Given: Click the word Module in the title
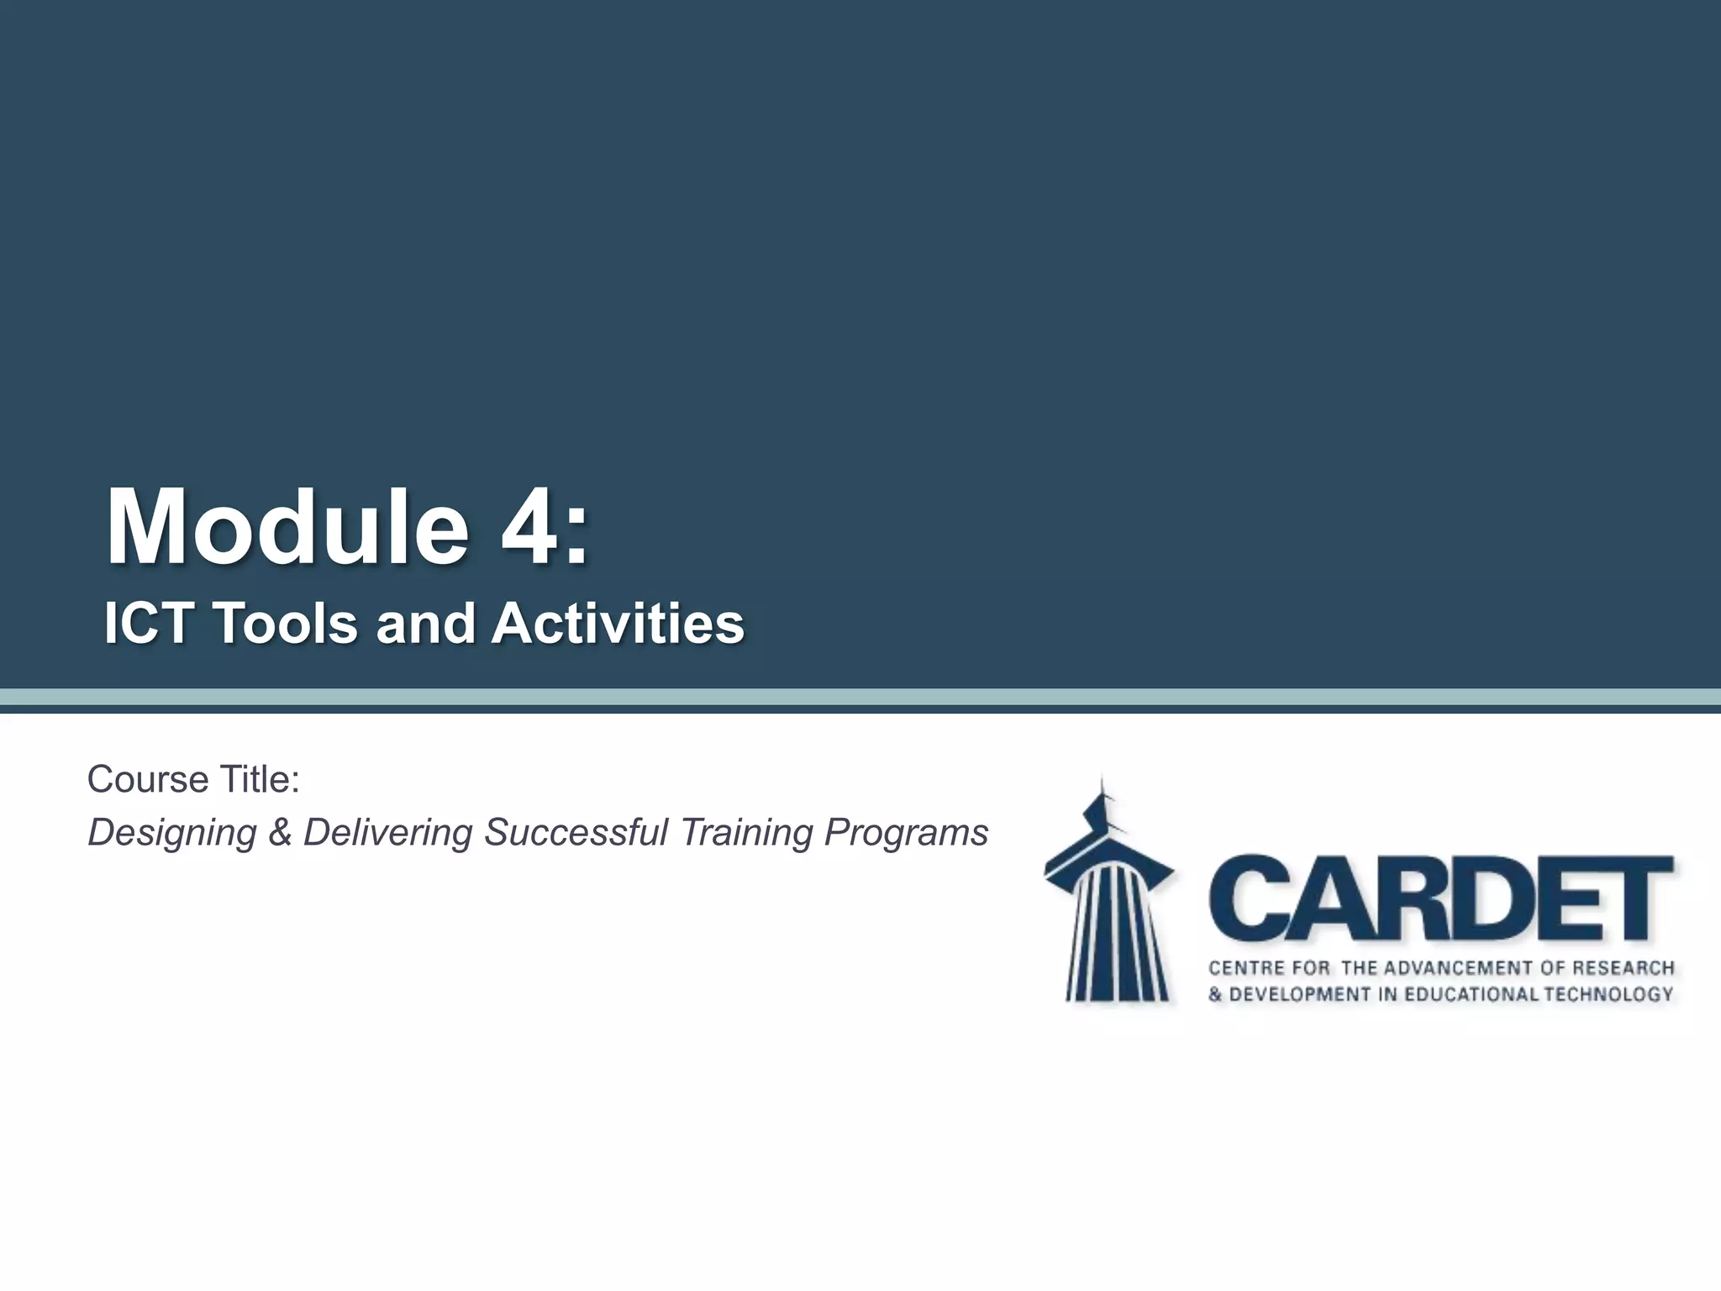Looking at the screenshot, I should [287, 528].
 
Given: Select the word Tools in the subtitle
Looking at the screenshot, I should [286, 624].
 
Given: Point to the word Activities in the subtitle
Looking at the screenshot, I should [618, 624].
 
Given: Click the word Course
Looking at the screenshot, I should [148, 780].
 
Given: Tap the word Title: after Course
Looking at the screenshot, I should [260, 780].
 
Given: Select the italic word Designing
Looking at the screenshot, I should [172, 833].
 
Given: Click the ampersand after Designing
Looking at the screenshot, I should [280, 833].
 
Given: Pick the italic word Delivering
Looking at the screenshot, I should [387, 833].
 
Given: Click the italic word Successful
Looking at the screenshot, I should [576, 833].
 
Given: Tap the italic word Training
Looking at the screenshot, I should [746, 833].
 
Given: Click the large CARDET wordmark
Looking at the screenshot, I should [1440, 899].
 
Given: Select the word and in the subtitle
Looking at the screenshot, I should [425, 624].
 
